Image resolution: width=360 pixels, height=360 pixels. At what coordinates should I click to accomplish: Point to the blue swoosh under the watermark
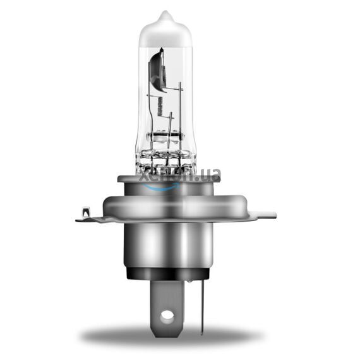pyautogui.click(x=165, y=184)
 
